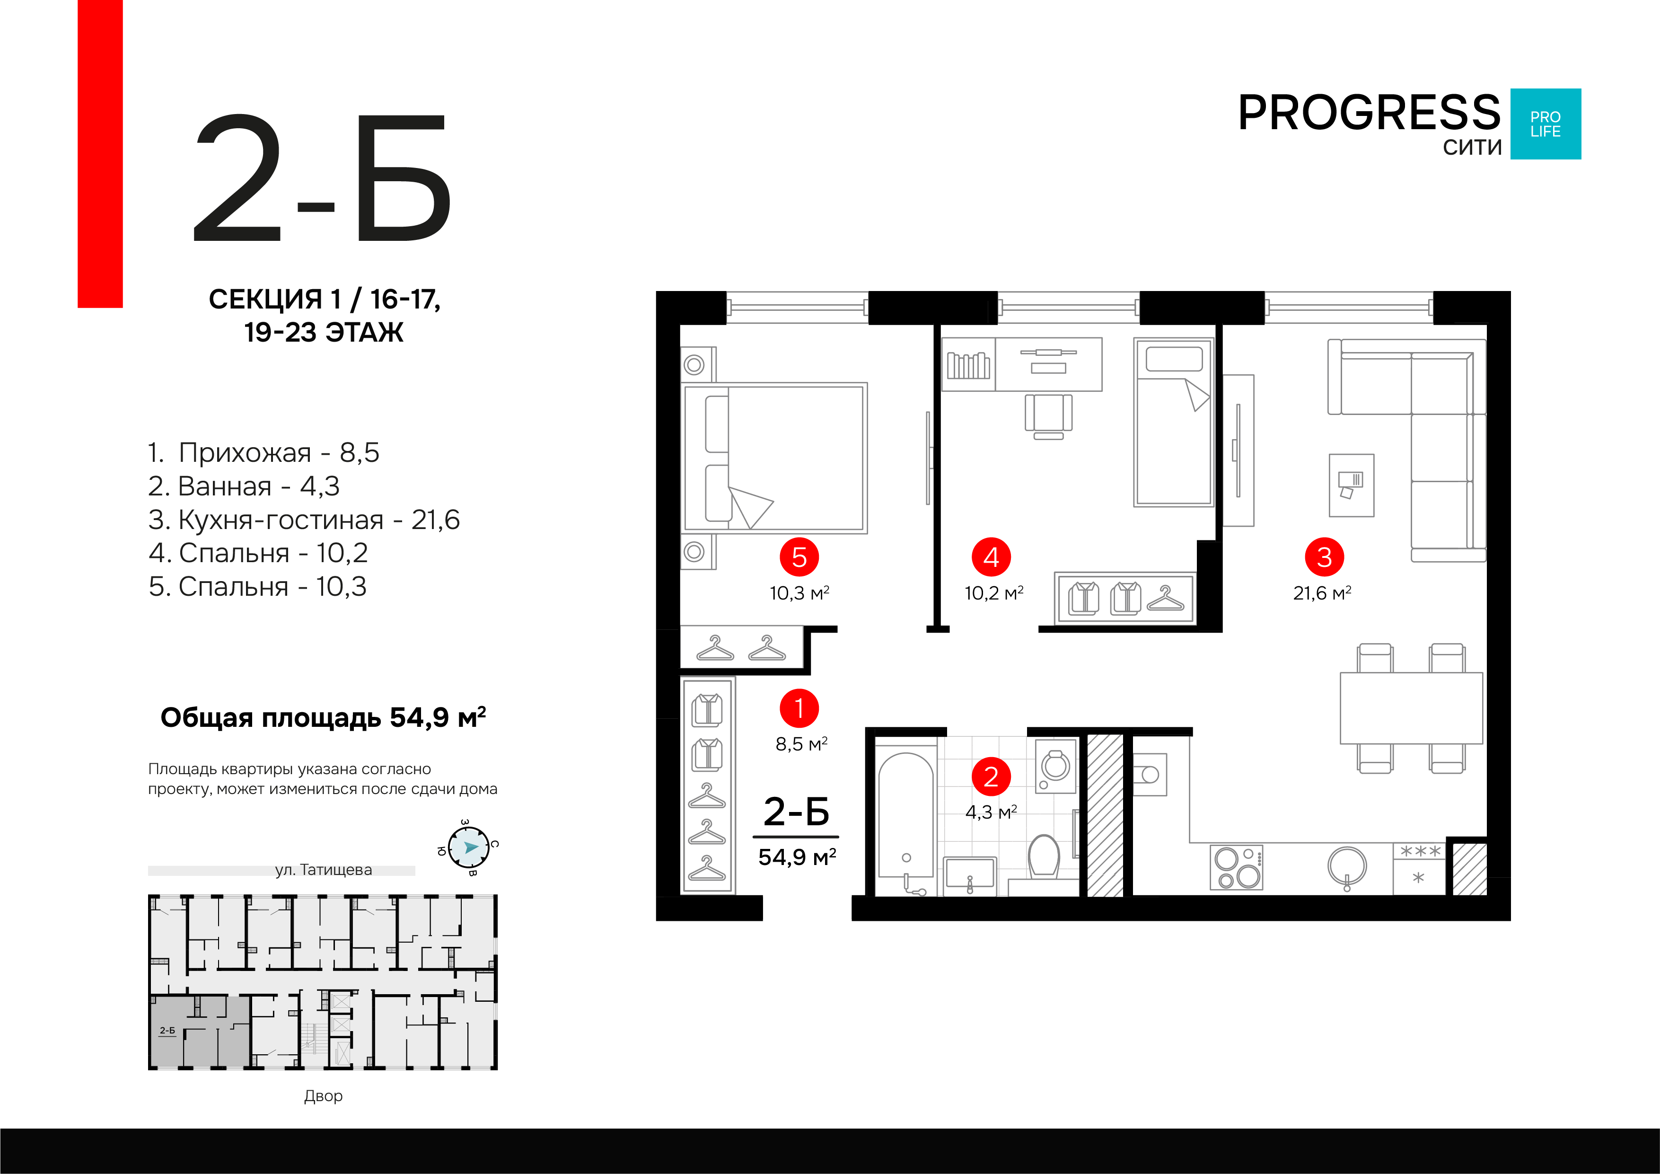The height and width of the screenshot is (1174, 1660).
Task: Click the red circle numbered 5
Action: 799,557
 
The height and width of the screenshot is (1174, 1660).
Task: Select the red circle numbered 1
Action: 799,708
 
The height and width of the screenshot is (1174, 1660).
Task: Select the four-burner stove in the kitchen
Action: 1236,866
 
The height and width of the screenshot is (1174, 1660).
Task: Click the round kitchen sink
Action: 1347,866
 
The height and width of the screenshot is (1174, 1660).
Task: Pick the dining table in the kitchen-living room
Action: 1411,708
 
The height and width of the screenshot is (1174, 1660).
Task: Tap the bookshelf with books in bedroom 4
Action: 968,364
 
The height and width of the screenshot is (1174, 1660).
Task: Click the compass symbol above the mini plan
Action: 468,847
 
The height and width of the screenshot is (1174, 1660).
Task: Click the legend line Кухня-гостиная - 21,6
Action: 304,520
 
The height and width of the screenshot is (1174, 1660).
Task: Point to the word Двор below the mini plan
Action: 323,1096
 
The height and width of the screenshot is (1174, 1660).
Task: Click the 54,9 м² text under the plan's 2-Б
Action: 797,857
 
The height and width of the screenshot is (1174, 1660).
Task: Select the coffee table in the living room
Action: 1351,485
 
